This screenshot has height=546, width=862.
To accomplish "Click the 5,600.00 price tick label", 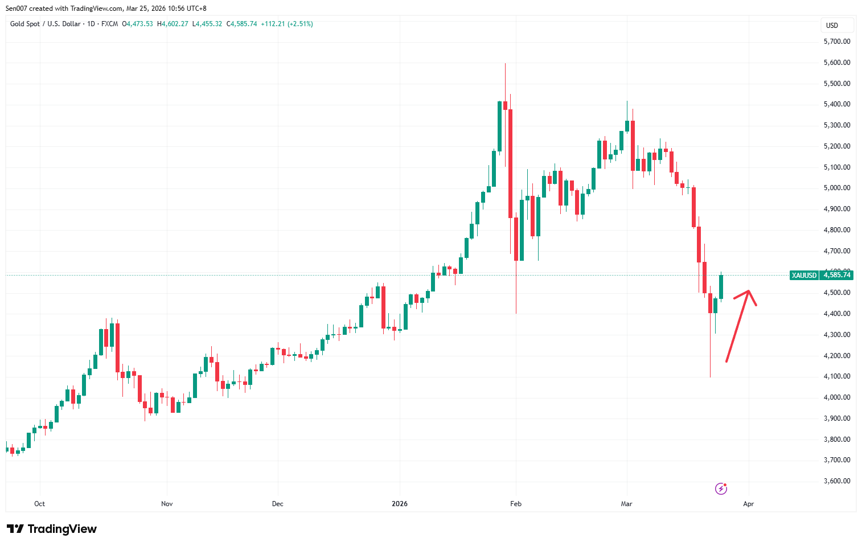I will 836,63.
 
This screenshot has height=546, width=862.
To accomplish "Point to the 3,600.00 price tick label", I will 836,481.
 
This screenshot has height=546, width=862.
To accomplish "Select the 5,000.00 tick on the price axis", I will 836,188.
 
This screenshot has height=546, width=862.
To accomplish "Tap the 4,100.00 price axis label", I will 836,376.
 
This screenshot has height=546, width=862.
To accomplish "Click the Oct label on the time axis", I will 39,504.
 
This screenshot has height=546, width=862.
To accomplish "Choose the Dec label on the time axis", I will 277,504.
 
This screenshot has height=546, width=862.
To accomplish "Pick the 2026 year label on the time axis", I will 400,504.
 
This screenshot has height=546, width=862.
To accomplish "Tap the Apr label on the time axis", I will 748,504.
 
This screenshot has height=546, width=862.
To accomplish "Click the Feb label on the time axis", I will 516,504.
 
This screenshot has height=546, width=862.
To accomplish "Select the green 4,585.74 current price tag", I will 836,275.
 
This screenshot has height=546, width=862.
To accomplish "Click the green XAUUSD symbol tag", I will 804,275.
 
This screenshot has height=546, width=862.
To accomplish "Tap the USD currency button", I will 832,25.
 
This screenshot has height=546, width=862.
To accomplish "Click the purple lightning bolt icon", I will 721,488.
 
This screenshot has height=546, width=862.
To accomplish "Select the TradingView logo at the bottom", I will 52,529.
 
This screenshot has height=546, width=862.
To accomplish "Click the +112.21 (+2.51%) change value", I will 286,24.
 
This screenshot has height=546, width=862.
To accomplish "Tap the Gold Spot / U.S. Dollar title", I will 45,24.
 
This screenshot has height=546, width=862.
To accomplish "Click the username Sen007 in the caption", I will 16,9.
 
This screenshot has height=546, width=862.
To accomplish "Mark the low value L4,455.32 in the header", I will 207,24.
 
